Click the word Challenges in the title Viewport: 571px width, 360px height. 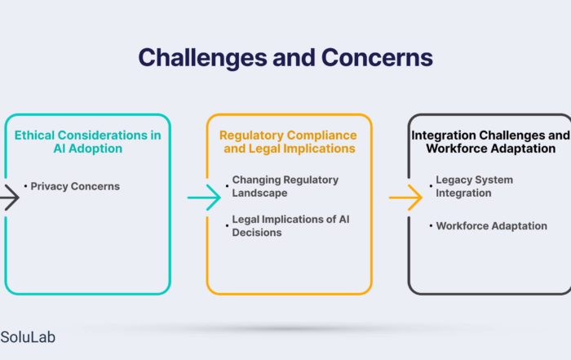click(x=202, y=58)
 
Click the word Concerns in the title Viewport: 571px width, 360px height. click(x=377, y=58)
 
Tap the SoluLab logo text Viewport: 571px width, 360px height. click(x=28, y=337)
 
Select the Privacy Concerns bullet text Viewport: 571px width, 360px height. click(x=75, y=186)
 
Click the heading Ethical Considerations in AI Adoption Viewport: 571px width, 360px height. click(x=88, y=142)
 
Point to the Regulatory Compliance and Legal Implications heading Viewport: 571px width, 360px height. click(x=289, y=142)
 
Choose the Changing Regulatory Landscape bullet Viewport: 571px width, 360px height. click(x=285, y=186)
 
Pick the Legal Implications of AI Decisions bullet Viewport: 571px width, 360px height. click(x=290, y=226)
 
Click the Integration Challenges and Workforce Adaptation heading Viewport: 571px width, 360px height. click(x=490, y=142)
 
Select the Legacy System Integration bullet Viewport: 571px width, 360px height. click(x=474, y=186)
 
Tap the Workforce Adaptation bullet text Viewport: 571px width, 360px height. click(x=492, y=226)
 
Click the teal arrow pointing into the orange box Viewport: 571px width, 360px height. click(x=204, y=198)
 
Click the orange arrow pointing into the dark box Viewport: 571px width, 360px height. click(x=405, y=198)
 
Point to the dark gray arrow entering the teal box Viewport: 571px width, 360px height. click(x=10, y=198)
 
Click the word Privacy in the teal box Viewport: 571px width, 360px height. click(x=49, y=186)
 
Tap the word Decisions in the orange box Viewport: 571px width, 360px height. click(x=257, y=233)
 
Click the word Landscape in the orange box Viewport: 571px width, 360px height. click(x=259, y=193)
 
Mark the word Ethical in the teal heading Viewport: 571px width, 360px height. click(x=34, y=136)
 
